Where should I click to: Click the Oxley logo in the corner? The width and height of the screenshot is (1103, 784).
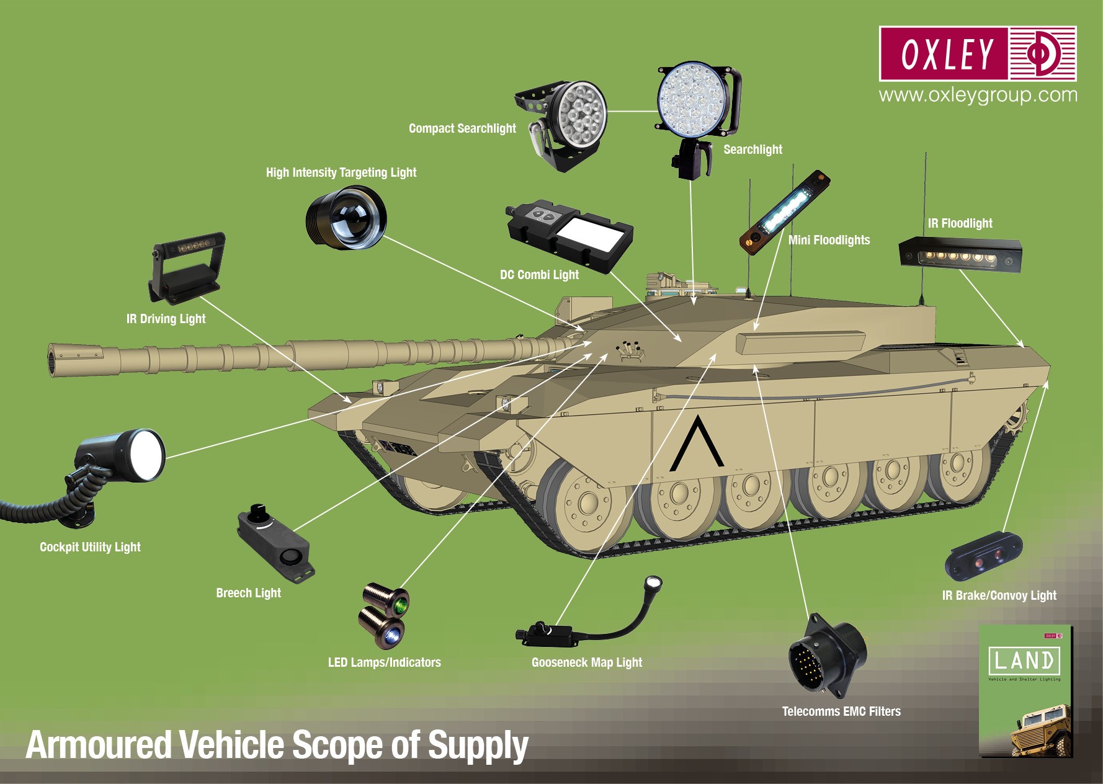[977, 53]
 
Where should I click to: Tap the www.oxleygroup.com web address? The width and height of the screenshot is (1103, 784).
[978, 95]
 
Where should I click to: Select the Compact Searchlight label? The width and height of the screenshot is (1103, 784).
[462, 128]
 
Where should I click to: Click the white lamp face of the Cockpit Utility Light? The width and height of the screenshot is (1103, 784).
[148, 455]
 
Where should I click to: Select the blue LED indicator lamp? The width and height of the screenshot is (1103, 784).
[392, 636]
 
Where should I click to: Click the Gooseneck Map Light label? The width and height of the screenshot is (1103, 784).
[586, 662]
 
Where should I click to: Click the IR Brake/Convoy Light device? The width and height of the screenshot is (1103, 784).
[983, 556]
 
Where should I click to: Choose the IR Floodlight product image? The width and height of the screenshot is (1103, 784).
[960, 255]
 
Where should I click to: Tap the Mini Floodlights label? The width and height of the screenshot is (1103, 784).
[829, 240]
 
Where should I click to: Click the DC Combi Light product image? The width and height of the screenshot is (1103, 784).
[569, 235]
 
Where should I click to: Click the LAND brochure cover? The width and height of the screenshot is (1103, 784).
[1025, 690]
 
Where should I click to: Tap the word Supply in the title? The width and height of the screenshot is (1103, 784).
[478, 745]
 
